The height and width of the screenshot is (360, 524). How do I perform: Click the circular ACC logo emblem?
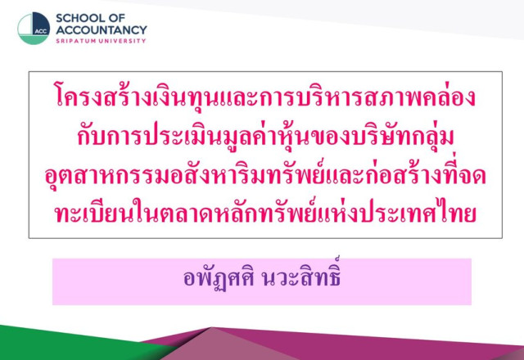coord(34,29)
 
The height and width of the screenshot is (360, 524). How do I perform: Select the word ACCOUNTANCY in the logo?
coord(102,30)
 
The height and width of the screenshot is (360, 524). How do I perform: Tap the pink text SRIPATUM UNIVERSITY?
coord(101,41)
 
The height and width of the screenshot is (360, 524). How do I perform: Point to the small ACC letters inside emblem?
coord(41,31)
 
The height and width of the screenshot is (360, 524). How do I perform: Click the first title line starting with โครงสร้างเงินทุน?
coord(265,96)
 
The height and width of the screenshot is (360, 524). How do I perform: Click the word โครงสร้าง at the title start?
coord(103,96)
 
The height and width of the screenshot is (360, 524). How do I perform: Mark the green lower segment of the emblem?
coord(33,39)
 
